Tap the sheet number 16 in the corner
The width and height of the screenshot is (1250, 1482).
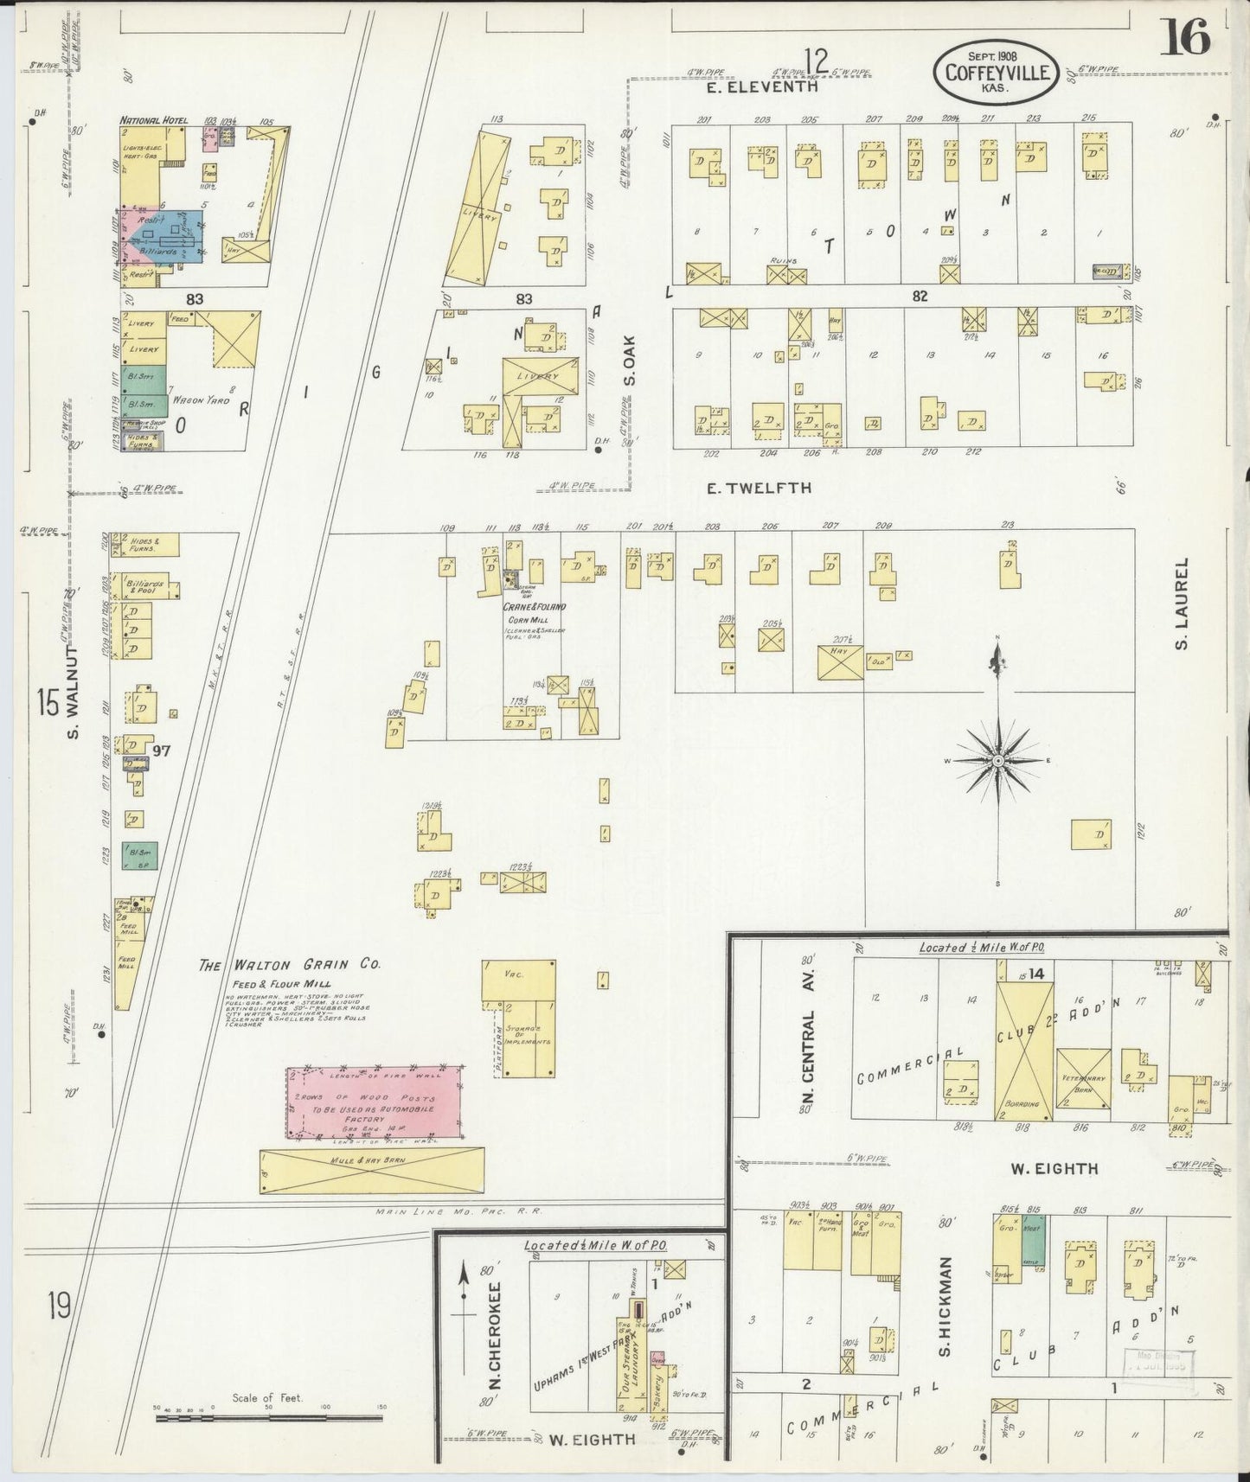pyautogui.click(x=1184, y=37)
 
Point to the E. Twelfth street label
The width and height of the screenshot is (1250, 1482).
pyautogui.click(x=759, y=489)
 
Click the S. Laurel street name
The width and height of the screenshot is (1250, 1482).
pyautogui.click(x=1182, y=603)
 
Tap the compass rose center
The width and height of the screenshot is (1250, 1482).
pyautogui.click(x=997, y=760)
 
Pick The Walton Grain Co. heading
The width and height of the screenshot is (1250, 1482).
pyautogui.click(x=290, y=966)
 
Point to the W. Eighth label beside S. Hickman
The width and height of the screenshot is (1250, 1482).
pyautogui.click(x=1054, y=1168)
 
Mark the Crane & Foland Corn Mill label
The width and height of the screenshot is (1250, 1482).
pyautogui.click(x=534, y=607)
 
